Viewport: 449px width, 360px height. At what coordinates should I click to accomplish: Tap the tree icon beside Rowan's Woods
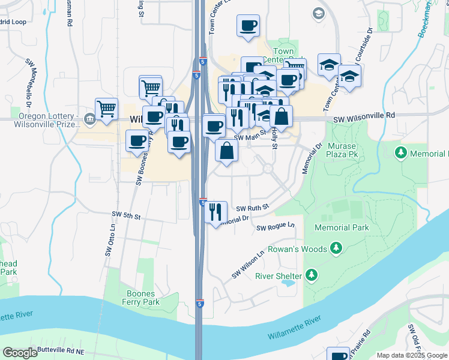336,248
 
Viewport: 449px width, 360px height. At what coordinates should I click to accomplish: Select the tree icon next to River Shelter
311,275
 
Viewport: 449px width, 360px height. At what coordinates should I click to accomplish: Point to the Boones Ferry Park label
143,298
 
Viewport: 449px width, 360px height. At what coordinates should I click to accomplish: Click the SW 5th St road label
125,214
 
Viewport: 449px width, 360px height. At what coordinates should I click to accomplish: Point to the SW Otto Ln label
110,241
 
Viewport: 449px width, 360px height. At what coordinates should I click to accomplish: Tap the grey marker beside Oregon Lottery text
89,118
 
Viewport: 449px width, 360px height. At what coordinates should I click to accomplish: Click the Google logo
20,352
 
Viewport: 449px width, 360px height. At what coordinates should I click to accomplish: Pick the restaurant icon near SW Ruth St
215,212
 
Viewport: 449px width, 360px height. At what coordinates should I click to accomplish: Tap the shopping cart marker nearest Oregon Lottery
106,109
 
